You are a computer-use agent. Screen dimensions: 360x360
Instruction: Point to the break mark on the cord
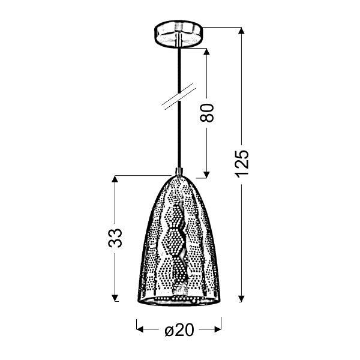coord(178,97)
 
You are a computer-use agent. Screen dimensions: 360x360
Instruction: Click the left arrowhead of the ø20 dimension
coord(140,329)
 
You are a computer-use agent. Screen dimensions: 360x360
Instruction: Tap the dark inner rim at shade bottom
coord(178,300)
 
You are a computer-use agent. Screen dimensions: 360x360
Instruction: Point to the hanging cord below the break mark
coord(178,138)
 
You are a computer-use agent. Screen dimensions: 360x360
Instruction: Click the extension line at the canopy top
coord(222,27)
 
